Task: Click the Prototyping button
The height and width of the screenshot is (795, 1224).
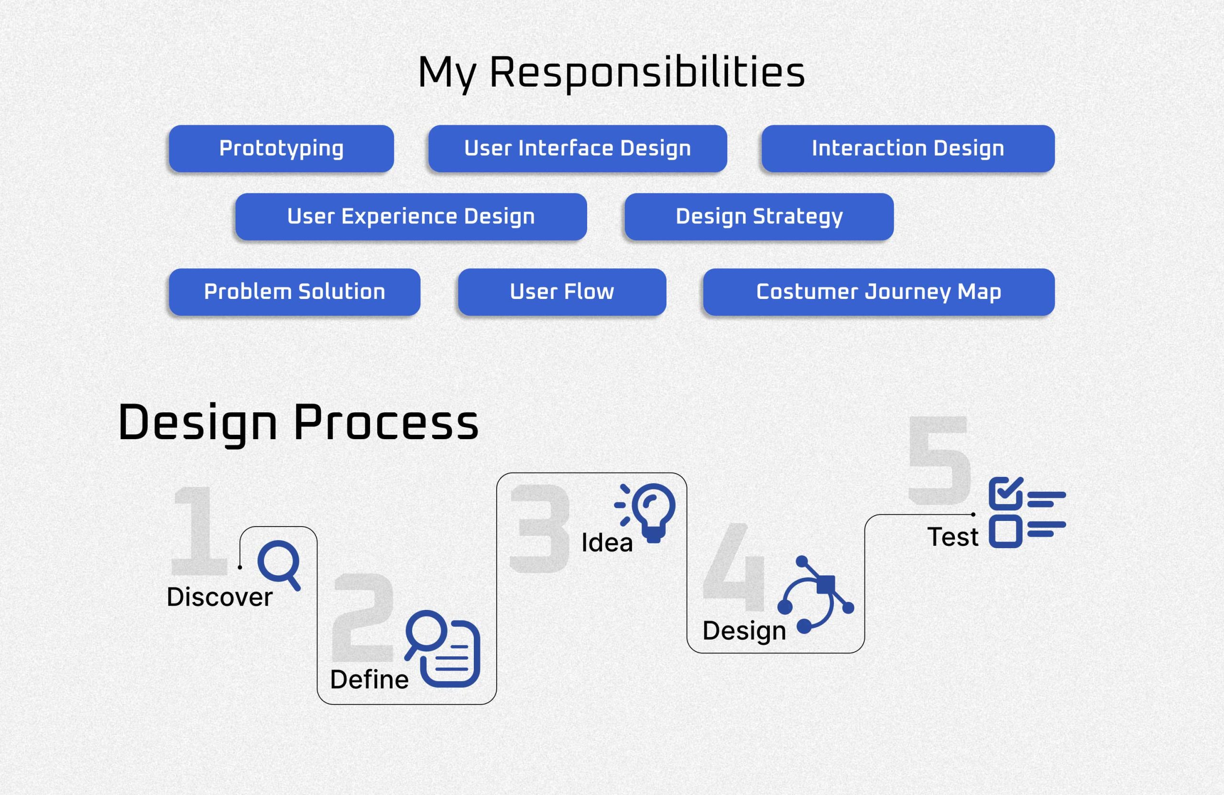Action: click(x=281, y=149)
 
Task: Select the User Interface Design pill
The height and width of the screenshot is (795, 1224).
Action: click(x=578, y=149)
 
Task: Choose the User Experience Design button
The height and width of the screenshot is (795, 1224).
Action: click(x=411, y=217)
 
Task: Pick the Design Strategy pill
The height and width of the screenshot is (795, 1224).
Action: click(x=759, y=217)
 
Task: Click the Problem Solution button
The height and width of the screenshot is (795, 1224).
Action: click(x=295, y=292)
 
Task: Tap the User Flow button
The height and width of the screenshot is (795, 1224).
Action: click(x=562, y=292)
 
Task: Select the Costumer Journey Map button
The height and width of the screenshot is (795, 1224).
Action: click(x=879, y=292)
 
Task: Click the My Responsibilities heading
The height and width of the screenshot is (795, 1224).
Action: click(x=612, y=74)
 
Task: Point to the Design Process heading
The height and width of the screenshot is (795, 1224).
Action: click(x=298, y=423)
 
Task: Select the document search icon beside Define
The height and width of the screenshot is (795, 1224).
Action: click(x=442, y=649)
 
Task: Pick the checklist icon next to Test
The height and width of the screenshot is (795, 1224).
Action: click(x=1027, y=512)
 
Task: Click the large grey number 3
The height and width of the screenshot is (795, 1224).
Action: click(x=539, y=529)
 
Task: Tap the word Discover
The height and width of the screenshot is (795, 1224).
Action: click(x=219, y=597)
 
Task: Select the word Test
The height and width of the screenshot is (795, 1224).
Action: click(x=952, y=537)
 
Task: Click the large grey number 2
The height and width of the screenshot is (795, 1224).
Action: click(x=363, y=617)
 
